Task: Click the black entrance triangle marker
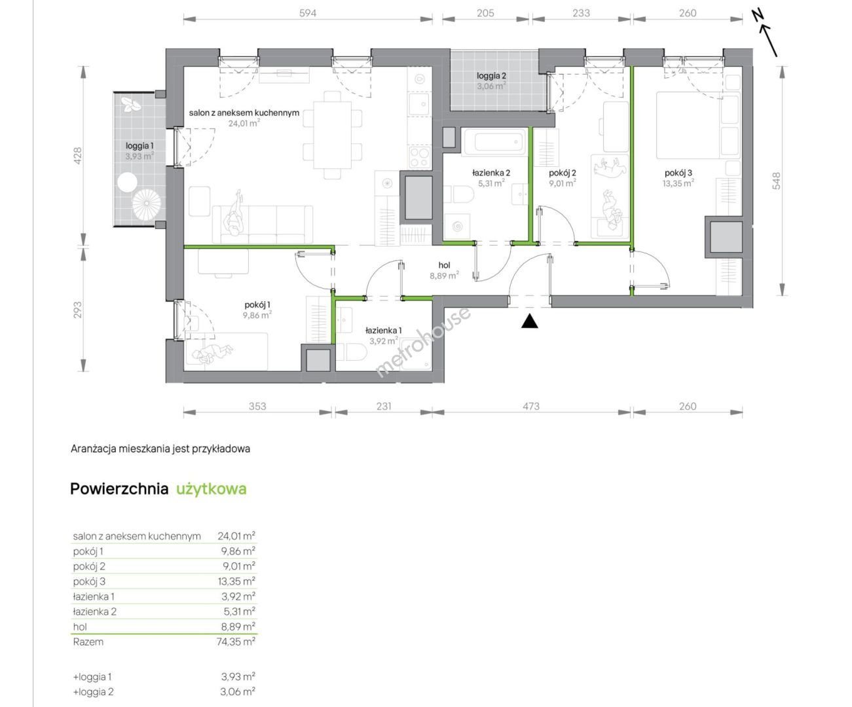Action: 529,321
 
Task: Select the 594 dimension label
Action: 308,13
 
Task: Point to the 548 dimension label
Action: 776,181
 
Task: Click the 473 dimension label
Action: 531,407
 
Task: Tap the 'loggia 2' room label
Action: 491,75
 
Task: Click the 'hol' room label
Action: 445,265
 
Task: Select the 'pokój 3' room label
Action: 678,173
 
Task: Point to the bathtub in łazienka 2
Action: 493,141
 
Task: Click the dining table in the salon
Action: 332,135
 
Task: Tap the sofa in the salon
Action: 263,225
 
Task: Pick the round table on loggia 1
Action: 127,182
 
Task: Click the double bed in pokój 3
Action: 697,125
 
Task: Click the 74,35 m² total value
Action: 236,642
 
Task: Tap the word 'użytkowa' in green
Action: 212,489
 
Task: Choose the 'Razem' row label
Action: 88,642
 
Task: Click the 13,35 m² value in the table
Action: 236,581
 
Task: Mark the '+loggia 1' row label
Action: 92,677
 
